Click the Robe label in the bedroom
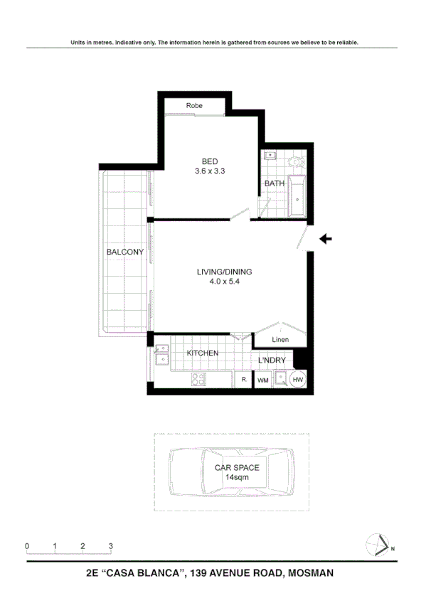coord(194,106)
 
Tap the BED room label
coord(209,161)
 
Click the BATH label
coord(274,183)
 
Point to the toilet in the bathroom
coord(295,162)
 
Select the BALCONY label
coord(125,252)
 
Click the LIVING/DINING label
coord(225,272)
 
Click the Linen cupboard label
coord(281,339)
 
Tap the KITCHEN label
coord(203,353)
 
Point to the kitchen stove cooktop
coord(198,380)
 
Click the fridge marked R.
coord(243,380)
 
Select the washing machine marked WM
coord(262,381)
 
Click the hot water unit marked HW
coord(297,380)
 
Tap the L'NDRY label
coord(272,361)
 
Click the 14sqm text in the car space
coord(232,478)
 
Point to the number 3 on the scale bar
coord(111,546)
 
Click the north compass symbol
coord(380,546)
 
